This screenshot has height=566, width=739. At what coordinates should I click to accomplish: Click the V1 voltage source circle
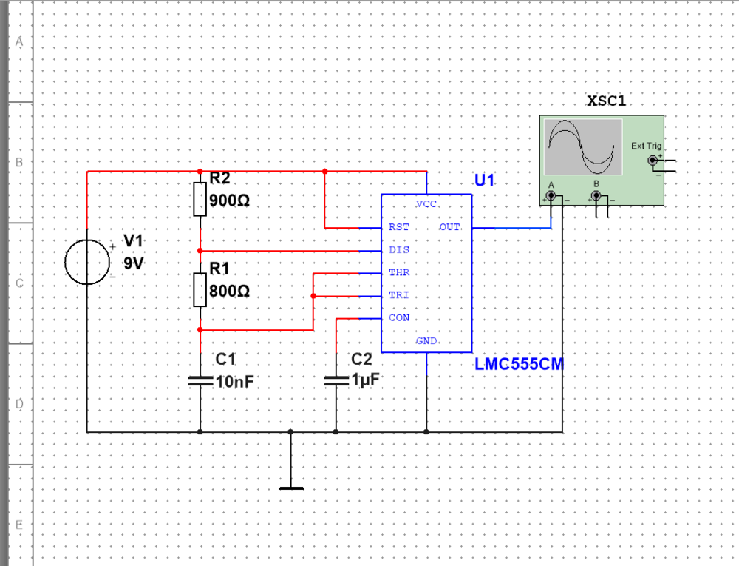87,262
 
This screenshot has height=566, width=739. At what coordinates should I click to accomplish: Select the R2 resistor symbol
200,199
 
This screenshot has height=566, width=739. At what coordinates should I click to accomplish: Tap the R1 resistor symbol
200,289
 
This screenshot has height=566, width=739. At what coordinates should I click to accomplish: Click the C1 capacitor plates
200,380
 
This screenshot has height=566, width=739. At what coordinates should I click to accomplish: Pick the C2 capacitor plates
336,380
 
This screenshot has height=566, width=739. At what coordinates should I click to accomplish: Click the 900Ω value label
230,201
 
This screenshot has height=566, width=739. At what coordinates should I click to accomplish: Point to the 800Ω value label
230,292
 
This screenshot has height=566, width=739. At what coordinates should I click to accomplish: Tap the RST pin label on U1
399,227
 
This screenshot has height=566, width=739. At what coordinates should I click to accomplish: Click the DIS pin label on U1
399,250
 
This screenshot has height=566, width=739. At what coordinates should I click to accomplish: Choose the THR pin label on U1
399,272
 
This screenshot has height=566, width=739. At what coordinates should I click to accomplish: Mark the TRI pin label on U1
399,295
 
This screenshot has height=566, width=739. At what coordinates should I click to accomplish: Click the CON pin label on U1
399,318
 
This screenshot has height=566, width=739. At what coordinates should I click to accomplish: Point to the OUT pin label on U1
450,227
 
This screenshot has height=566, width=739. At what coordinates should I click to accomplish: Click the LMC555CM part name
520,364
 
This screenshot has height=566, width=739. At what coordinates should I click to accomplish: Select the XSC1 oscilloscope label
606,101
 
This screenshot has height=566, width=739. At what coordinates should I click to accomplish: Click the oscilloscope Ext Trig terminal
652,161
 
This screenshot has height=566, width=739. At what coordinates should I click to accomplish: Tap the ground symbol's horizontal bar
291,488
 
